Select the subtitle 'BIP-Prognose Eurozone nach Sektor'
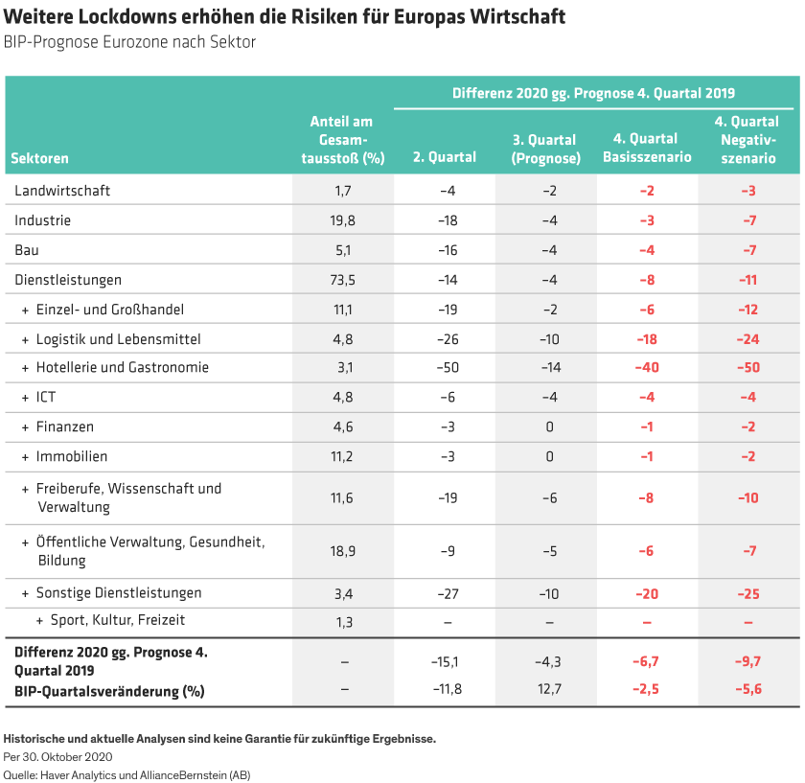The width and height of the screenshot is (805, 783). click(x=129, y=42)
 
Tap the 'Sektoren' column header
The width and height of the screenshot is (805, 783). click(x=41, y=158)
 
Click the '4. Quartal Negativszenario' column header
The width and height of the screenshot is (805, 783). click(x=748, y=140)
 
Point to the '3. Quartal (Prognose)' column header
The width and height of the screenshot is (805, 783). click(x=546, y=149)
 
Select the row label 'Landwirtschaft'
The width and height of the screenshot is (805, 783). click(x=62, y=191)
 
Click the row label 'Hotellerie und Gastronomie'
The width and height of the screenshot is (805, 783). click(x=122, y=368)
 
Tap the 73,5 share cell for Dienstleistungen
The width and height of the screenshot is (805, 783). click(x=343, y=280)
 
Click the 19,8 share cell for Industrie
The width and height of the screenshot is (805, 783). click(x=343, y=220)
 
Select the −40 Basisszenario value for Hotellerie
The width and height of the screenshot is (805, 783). click(x=647, y=368)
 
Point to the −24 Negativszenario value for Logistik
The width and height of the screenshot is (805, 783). click(x=748, y=339)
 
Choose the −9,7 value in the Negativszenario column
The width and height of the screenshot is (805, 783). click(x=748, y=661)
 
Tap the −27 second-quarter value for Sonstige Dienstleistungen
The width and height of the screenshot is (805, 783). click(x=446, y=594)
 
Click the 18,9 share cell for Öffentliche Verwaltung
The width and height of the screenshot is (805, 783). click(x=343, y=551)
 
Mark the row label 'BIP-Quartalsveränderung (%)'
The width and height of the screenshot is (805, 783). click(x=110, y=690)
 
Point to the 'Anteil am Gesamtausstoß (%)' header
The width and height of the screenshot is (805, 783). click(x=342, y=140)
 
